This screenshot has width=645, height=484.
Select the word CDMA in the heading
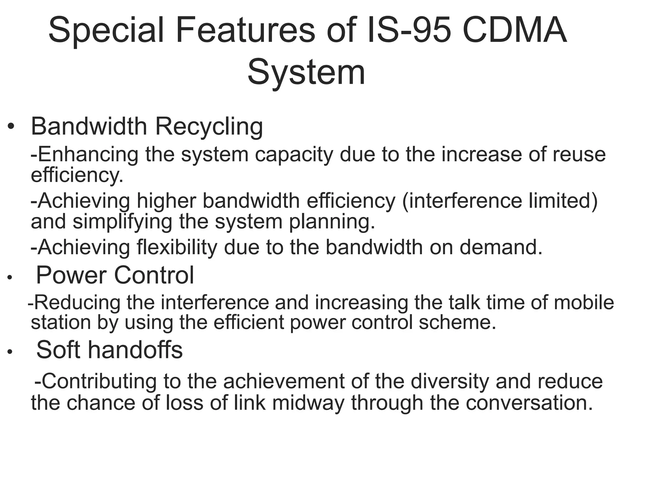pyautogui.click(x=515, y=31)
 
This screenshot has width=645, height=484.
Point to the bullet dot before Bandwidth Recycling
pyautogui.click(x=11, y=127)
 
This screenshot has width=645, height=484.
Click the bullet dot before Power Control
pyautogui.click(x=10, y=278)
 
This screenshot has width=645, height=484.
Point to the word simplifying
pyautogui.click(x=123, y=222)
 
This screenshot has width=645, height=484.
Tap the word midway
pyautogui.click(x=308, y=403)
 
